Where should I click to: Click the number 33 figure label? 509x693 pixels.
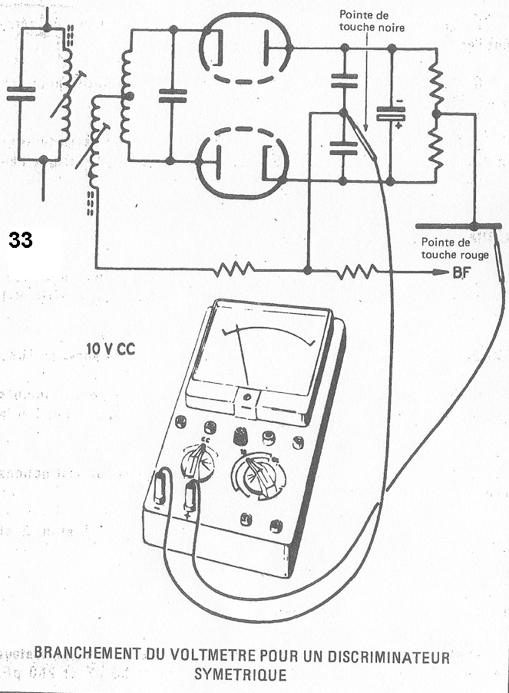point(21,240)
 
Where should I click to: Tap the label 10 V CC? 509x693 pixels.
point(113,348)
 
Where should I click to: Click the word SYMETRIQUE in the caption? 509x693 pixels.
point(240,675)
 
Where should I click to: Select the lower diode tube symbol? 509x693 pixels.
point(243,162)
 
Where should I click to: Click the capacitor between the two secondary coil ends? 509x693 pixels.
point(172,95)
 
